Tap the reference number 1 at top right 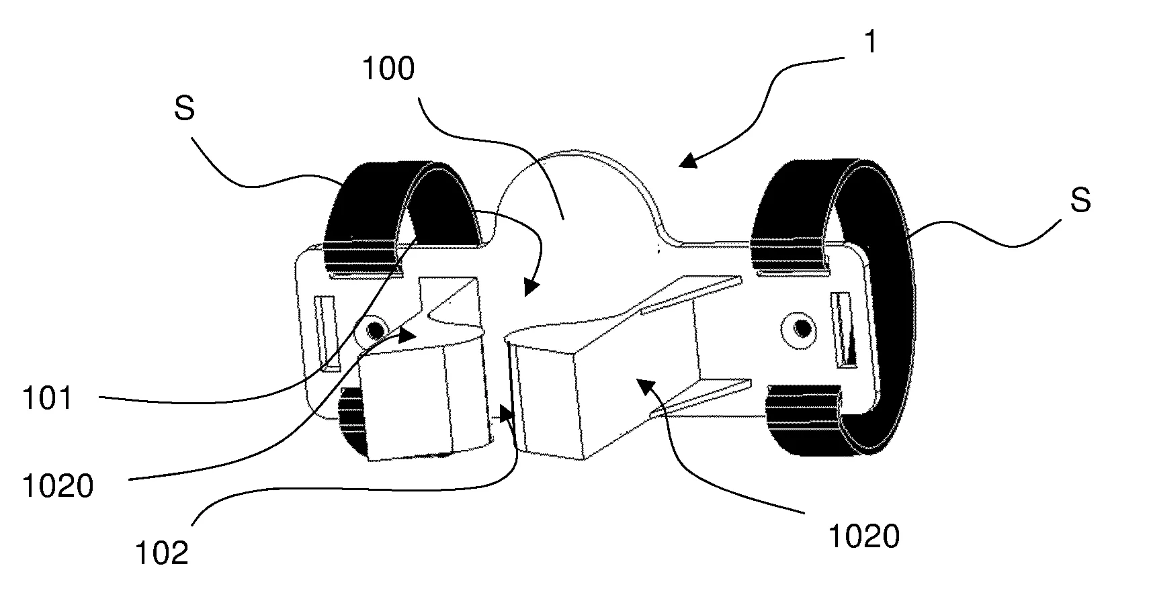[x=870, y=43]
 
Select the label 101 [x=46, y=399]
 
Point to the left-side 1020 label [x=58, y=485]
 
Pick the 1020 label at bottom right [x=863, y=536]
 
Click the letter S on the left [x=183, y=109]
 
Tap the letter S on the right [x=1080, y=200]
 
